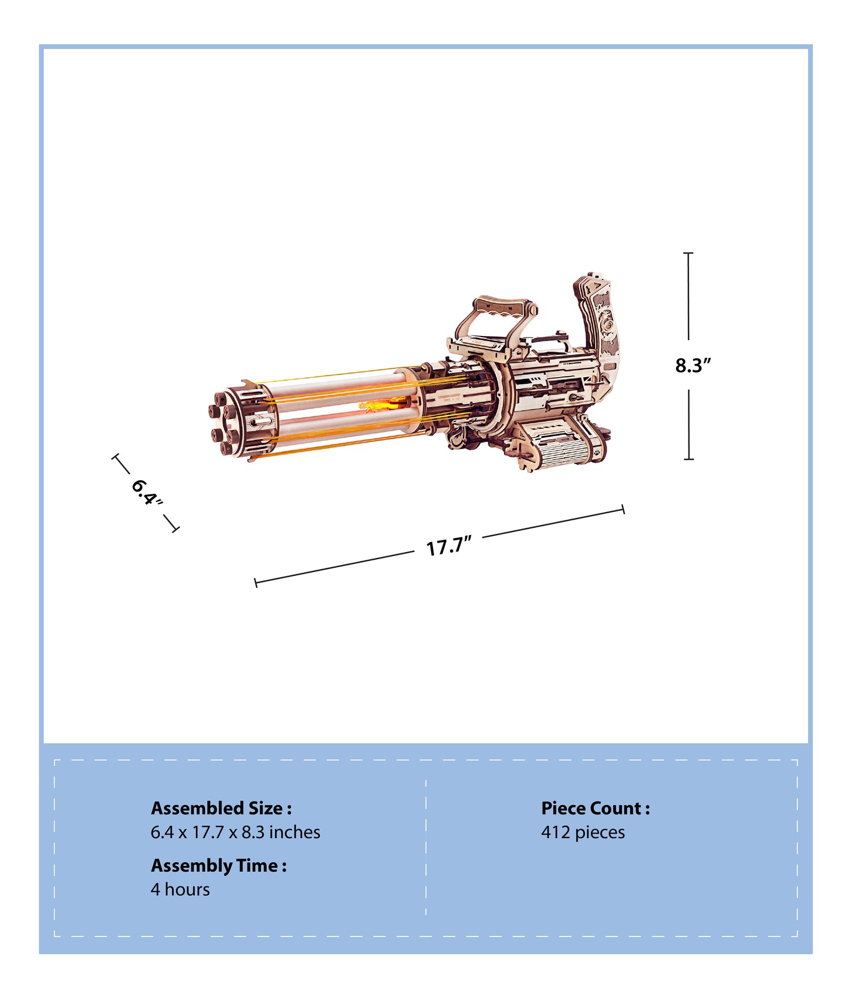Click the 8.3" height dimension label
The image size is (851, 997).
coord(693,365)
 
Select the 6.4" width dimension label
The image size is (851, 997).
coord(145,493)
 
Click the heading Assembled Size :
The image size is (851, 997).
coord(221,808)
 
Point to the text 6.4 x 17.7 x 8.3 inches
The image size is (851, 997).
coord(235,832)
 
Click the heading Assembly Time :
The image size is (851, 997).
coord(218,865)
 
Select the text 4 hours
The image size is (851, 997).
coord(180,889)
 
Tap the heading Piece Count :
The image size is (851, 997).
coord(595,808)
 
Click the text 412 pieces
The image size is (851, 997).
coord(582,832)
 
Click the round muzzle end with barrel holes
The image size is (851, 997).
coord(227,421)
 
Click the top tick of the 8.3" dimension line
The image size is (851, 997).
coord(688,253)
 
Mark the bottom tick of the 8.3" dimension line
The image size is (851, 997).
coord(688,459)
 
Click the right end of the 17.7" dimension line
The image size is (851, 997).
coord(623,510)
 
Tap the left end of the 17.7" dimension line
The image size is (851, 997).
coord(256,583)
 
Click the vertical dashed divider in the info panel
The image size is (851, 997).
coord(426,848)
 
